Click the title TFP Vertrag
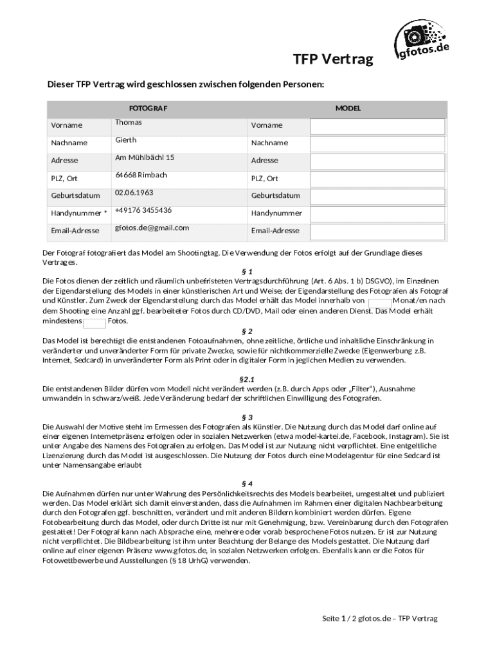point(333,60)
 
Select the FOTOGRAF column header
point(148,109)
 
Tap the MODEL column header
point(348,109)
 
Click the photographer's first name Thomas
point(129,122)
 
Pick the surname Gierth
point(126,139)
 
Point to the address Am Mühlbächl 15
point(145,157)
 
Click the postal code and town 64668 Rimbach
point(141,175)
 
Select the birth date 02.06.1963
point(134,193)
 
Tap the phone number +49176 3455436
point(143,210)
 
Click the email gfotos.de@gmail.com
point(152,227)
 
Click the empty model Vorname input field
point(377,126)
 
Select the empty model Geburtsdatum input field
point(377,196)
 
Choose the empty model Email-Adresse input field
point(377,231)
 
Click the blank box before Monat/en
point(379,301)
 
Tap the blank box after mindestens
point(95,322)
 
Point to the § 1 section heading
point(248,271)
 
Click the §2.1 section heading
point(248,379)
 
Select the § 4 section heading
point(248,483)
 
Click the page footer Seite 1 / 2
point(379,618)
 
